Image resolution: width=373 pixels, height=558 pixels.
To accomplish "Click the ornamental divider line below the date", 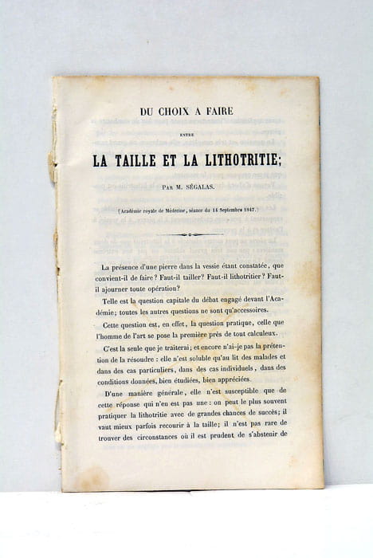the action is coord(189,234).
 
